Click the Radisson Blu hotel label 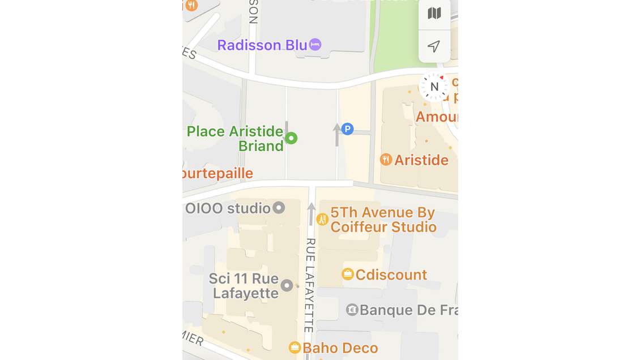(262, 45)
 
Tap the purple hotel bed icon (315, 45)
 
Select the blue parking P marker (347, 129)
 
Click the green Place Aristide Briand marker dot (291, 138)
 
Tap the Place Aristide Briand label (236, 139)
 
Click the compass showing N (434, 87)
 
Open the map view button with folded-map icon (434, 14)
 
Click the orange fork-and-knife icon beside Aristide (386, 160)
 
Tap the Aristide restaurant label (421, 160)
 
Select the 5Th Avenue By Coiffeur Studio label (383, 220)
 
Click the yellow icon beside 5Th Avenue (322, 219)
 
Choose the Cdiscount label (391, 275)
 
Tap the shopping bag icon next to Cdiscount (348, 275)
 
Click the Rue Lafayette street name (310, 285)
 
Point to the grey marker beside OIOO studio (279, 208)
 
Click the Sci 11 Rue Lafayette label (244, 286)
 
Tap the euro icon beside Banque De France (352, 310)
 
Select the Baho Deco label (340, 348)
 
